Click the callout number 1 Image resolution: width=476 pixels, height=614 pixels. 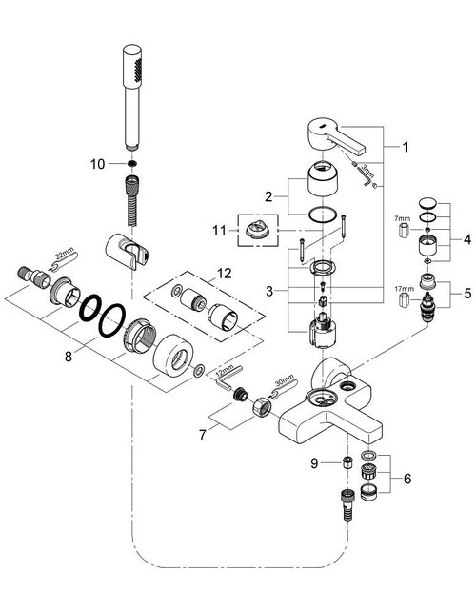(x=405, y=148)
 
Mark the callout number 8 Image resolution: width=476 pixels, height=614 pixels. (x=66, y=358)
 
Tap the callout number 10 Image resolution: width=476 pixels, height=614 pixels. (x=97, y=165)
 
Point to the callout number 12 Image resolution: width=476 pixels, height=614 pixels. (x=224, y=274)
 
